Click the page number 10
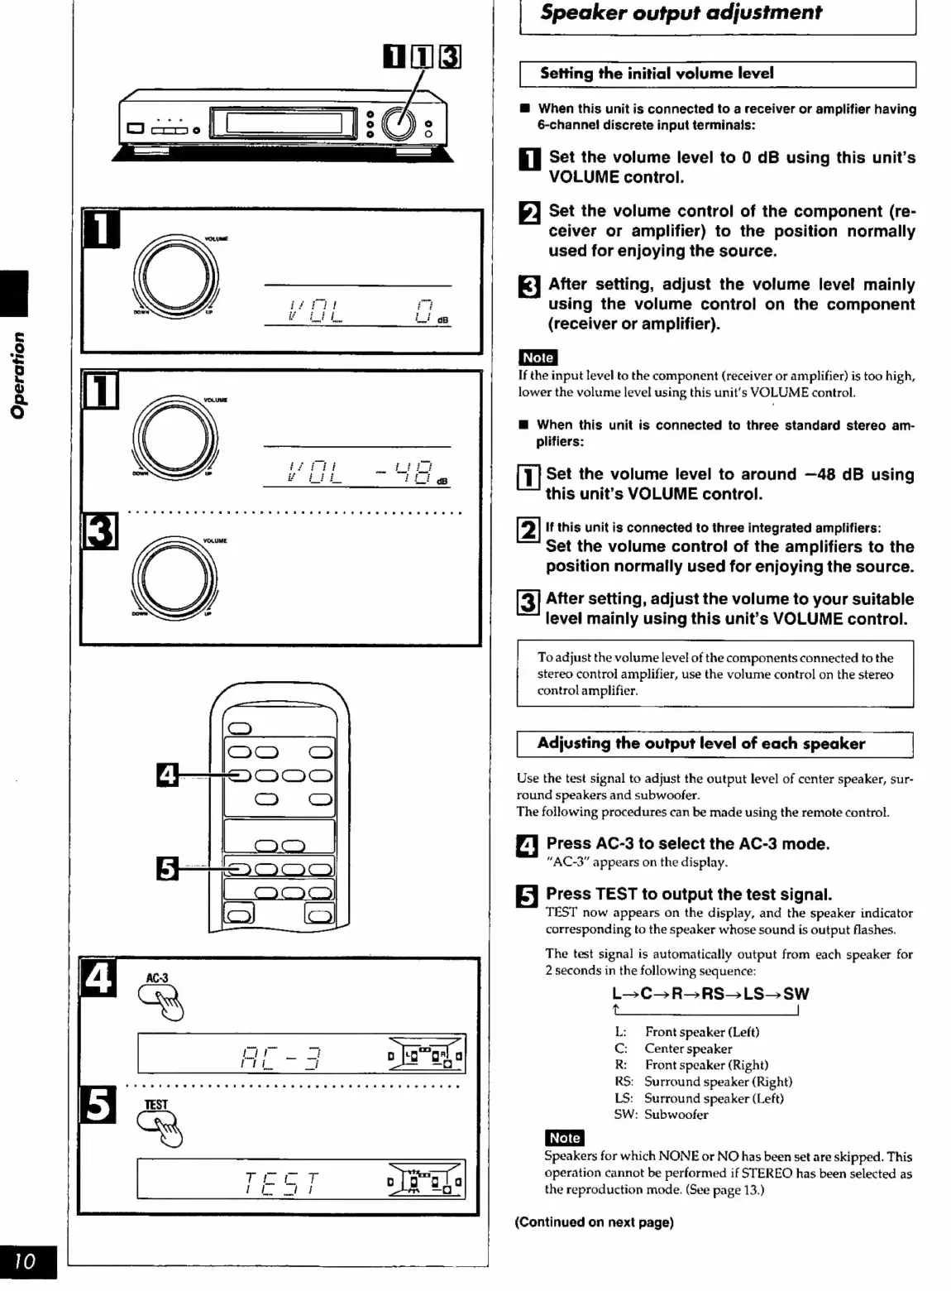(x=26, y=1260)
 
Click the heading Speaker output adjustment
(x=681, y=13)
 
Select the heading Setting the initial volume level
(x=657, y=74)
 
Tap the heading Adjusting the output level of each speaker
(x=700, y=743)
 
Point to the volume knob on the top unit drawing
(x=400, y=123)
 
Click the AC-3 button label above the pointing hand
(x=157, y=978)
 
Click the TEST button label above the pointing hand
(x=155, y=1104)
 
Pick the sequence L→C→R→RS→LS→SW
(x=710, y=994)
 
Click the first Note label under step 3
(x=538, y=358)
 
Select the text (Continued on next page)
(x=594, y=1222)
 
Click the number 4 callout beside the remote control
(x=166, y=775)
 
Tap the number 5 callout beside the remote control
(x=166, y=868)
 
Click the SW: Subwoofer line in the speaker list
(x=661, y=1115)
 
